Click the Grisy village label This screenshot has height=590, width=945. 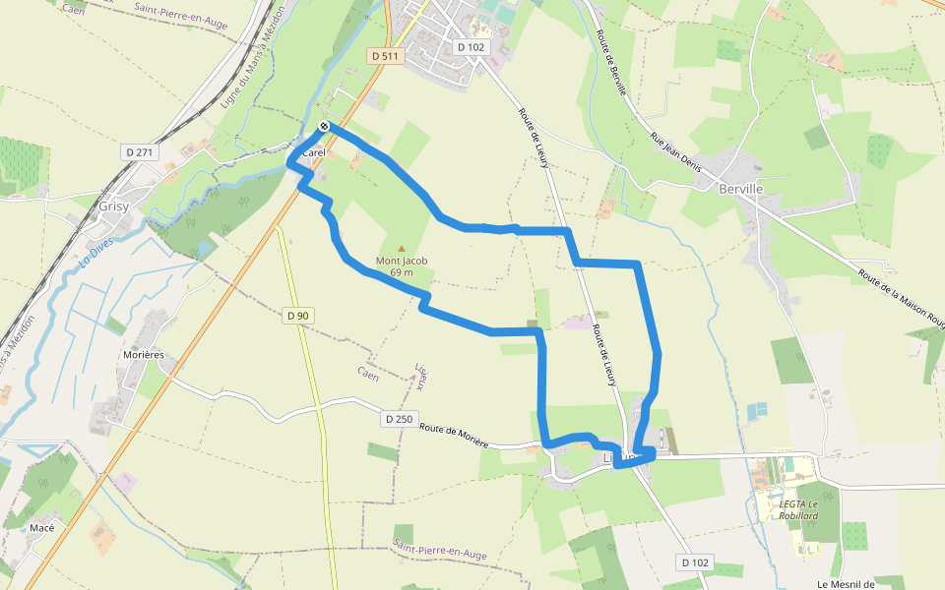pyautogui.click(x=115, y=206)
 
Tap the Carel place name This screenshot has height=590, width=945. pyautogui.click(x=314, y=153)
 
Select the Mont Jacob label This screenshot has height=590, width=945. pyautogui.click(x=402, y=261)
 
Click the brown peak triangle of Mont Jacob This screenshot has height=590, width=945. pyautogui.click(x=401, y=248)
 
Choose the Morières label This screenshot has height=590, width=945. pyautogui.click(x=143, y=354)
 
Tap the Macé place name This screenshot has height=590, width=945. pyautogui.click(x=42, y=527)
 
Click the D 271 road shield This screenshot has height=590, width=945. pyautogui.click(x=141, y=152)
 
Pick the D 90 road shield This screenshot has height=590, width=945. pyautogui.click(x=296, y=316)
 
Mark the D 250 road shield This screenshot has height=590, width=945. pyautogui.click(x=399, y=419)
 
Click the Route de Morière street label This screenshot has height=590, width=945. pyautogui.click(x=454, y=435)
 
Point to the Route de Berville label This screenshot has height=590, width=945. pyautogui.click(x=611, y=62)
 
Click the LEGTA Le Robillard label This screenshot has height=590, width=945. pyautogui.click(x=798, y=509)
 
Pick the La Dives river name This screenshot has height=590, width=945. pyautogui.click(x=97, y=258)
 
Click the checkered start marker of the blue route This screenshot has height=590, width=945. pyautogui.click(x=323, y=126)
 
